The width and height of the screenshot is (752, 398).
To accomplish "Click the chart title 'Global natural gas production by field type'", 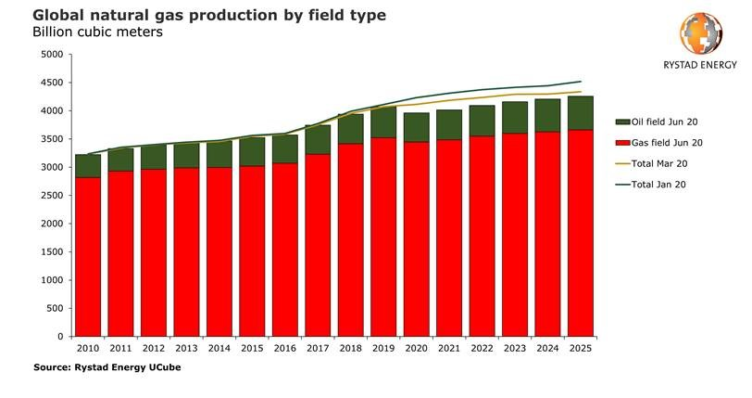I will [196, 16].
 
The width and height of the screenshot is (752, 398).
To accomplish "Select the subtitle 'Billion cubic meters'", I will [97, 32].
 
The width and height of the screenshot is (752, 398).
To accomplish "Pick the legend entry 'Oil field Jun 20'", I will [658, 122].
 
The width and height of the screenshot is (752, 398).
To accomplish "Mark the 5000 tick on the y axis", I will [52, 55].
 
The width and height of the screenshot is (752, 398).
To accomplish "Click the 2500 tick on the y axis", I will [52, 196].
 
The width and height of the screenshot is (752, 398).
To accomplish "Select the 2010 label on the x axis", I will [88, 348].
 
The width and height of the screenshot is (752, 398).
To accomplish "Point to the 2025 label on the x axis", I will [580, 348].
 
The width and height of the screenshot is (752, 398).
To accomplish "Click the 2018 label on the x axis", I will [350, 348].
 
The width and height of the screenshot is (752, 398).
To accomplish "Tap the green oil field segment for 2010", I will [88, 165].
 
